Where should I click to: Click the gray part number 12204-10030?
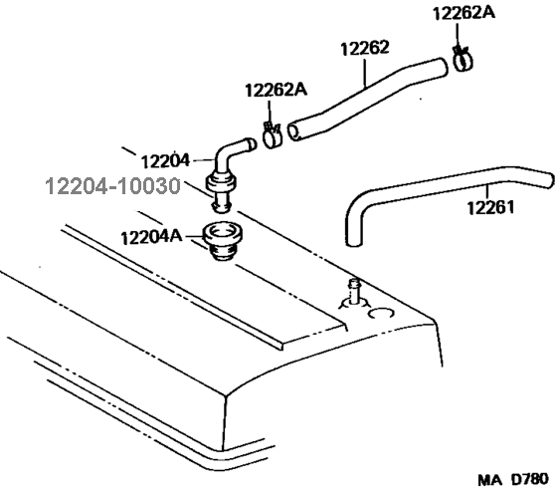tap(113, 186)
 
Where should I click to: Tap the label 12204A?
tap(151, 237)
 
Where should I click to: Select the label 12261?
tap(490, 207)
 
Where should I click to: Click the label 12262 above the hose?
tap(365, 48)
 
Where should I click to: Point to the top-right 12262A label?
tap(464, 14)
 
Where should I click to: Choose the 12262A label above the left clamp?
tap(276, 91)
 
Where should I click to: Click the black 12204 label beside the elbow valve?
tap(165, 161)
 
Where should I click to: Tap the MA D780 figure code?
tap(513, 480)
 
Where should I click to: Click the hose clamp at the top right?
tap(463, 59)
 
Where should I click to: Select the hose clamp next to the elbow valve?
tap(273, 135)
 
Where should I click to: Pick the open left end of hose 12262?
tap(294, 131)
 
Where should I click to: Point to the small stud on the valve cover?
tap(354, 291)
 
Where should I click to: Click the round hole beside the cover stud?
tap(381, 314)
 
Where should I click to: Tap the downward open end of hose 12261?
tap(354, 243)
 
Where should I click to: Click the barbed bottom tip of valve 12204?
tap(222, 208)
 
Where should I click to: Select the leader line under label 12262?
tap(365, 73)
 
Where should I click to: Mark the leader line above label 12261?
tap(488, 192)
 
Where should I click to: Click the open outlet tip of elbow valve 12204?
tap(252, 144)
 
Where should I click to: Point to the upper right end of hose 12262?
tap(442, 68)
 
